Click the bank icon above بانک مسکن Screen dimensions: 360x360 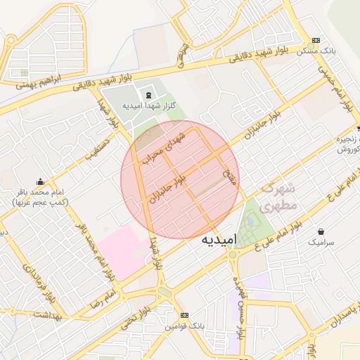click(316, 40)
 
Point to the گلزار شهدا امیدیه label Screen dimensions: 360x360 click(148, 105)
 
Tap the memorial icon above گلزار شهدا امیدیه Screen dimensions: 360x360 click(148, 94)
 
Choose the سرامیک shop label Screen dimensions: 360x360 click(321, 242)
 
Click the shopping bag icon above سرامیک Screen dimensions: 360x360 click(321, 231)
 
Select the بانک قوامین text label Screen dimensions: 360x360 click(185, 327)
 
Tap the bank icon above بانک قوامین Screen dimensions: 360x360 click(184, 316)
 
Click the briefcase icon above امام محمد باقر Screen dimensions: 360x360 click(40, 181)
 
